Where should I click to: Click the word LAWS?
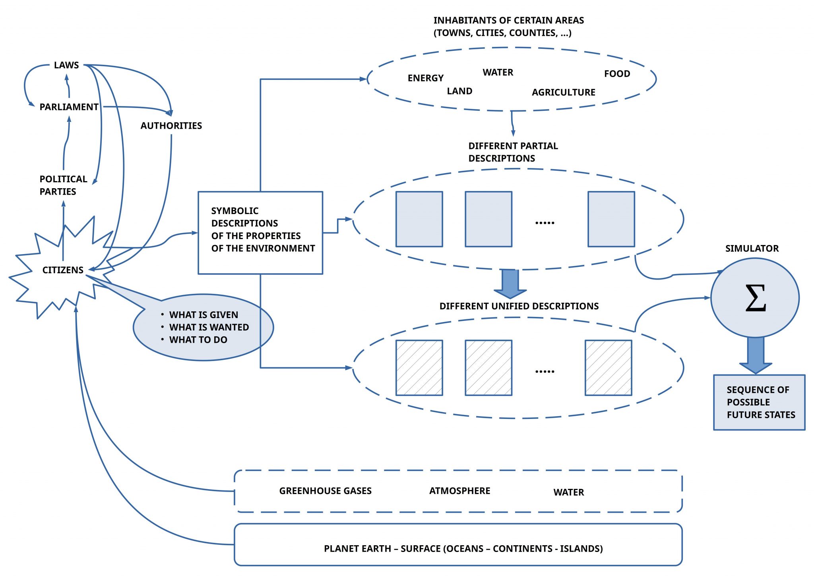coord(66,65)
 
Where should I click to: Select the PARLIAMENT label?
coord(69,107)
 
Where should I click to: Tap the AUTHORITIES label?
coord(171,125)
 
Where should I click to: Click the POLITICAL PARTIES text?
coord(63,185)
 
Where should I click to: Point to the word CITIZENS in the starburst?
coord(63,270)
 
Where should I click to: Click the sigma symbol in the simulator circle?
coord(755,298)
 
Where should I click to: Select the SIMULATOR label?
coord(752,248)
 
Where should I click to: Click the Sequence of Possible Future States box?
coord(759,402)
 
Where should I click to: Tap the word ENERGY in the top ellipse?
coord(425,78)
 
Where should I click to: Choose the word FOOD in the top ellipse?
coord(617,73)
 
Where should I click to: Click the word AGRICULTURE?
coord(563,92)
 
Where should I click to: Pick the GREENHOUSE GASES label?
coord(325,491)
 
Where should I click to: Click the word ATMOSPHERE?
coord(459,491)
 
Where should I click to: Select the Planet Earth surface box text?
coord(463,548)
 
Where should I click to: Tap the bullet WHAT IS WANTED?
coord(209,327)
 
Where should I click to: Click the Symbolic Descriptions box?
coord(260,233)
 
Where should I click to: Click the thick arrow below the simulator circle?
coord(756,354)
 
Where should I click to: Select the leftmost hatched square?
coord(419,368)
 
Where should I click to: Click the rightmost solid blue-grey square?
coord(611,219)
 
